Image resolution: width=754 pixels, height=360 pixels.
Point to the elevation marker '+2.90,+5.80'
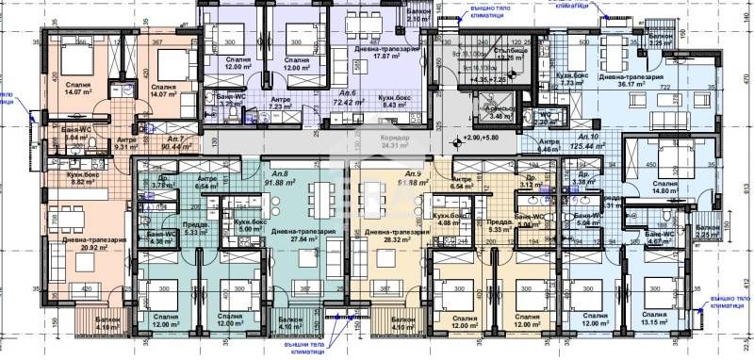point(480,139)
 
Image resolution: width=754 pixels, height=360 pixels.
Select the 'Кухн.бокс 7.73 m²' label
point(575,79)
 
